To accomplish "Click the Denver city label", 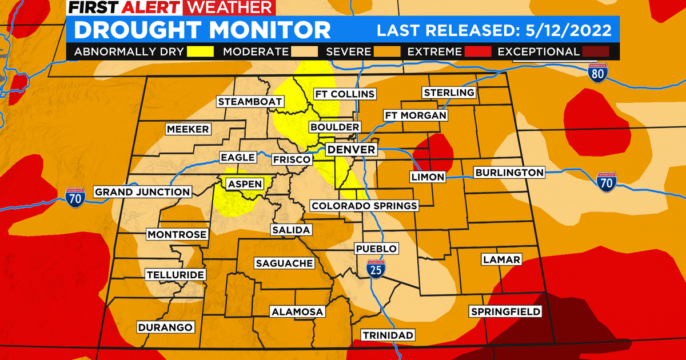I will coord(351,150).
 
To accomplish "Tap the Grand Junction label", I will coord(142,192).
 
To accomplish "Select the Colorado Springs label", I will coord(364,206).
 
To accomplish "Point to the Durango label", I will coord(165,327).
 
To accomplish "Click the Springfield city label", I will coord(505,311).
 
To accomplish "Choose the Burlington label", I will coord(509,172).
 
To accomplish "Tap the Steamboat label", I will coord(250,102).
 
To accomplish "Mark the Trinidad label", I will coord(388,335).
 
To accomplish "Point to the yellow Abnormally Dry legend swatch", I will coord(200,51).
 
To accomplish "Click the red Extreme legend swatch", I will coord(477,51).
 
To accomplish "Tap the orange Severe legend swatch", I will coord(386,51).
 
